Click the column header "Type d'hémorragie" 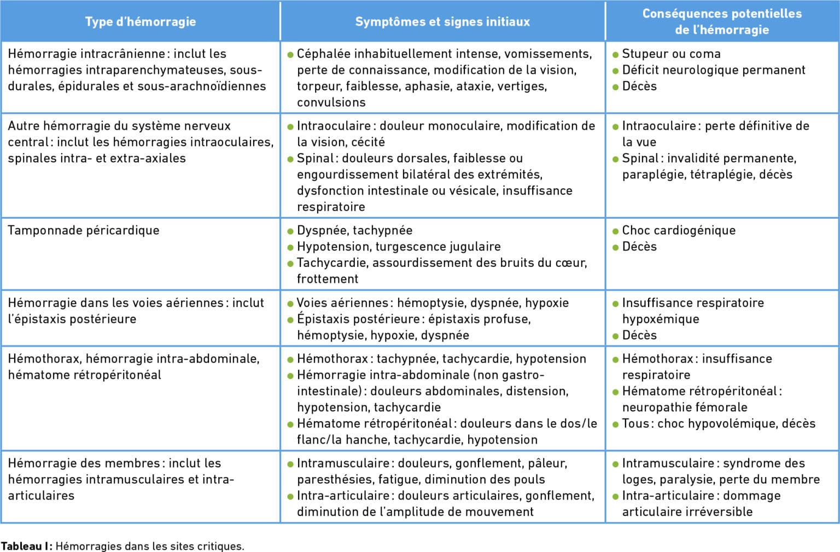click(140, 22)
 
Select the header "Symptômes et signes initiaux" click(442, 22)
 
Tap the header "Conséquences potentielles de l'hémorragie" click(722, 22)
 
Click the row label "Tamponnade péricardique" click(84, 230)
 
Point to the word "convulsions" click(331, 102)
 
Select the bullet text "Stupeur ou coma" click(671, 54)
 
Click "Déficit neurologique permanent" click(713, 70)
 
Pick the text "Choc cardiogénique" click(679, 230)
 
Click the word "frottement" click(328, 279)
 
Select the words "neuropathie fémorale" click(685, 408)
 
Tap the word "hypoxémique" click(660, 319)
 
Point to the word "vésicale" click(473, 191)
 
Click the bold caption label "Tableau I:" click(26, 546)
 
